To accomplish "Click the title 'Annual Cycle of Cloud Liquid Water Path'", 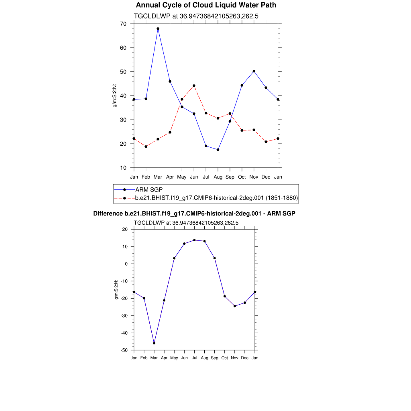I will point(206,5).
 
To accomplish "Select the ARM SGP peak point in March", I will point(158,28).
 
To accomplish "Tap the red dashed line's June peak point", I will point(194,85).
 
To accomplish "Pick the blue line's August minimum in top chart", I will point(218,150).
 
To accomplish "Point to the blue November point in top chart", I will point(254,71).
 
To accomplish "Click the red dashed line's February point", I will point(146,146).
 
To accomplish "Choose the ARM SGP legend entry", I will point(149,189).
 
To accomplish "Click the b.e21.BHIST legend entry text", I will point(216,198).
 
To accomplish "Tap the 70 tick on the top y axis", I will point(123,24).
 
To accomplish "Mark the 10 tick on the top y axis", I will point(123,168).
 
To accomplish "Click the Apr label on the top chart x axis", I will point(170,177).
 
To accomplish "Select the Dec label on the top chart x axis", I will point(266,177).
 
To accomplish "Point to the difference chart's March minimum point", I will point(154,343).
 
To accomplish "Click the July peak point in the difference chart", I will point(194,240).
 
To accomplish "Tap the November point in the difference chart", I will point(235,306).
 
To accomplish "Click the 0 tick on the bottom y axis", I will point(126,264).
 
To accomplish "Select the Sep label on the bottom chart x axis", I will point(214,358).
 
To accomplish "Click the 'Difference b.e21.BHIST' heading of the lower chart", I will point(194,214).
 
